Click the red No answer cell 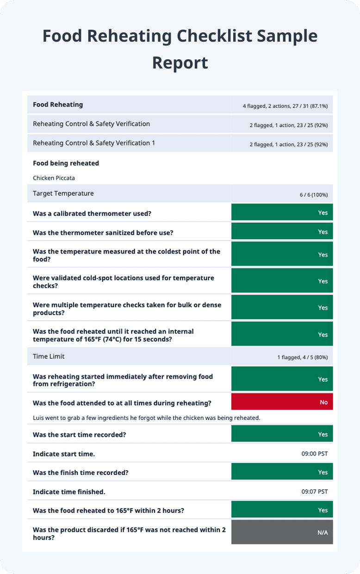282,402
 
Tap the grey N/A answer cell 282,532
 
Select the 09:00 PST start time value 314,454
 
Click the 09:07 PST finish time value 314,492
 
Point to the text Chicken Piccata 54,177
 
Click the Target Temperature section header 63,193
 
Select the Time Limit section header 49,356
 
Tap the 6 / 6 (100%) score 313,194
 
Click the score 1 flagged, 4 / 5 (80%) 302,357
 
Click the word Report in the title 180,62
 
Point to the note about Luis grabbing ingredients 147,418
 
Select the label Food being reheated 66,163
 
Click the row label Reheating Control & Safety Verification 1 94,143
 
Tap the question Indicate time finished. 69,492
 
